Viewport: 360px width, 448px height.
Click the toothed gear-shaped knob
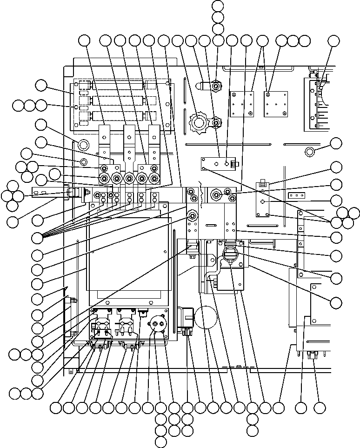coord(199,123)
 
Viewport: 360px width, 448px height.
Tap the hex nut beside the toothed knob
coord(216,123)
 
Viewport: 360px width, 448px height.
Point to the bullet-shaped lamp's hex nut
coord(215,86)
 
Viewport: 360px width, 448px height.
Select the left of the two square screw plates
coord(242,104)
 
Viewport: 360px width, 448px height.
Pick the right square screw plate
coord(274,104)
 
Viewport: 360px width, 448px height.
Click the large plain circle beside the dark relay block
coord(205,319)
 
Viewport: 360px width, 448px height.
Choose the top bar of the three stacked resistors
coord(119,86)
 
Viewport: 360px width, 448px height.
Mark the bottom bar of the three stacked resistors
coord(119,115)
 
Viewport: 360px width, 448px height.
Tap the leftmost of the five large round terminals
coord(103,177)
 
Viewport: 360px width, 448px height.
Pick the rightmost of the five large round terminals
coord(152,177)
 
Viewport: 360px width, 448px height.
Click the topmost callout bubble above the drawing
coord(218,6)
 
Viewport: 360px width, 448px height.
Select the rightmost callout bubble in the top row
coord(334,41)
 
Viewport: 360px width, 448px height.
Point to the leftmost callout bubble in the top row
coord(84,41)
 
